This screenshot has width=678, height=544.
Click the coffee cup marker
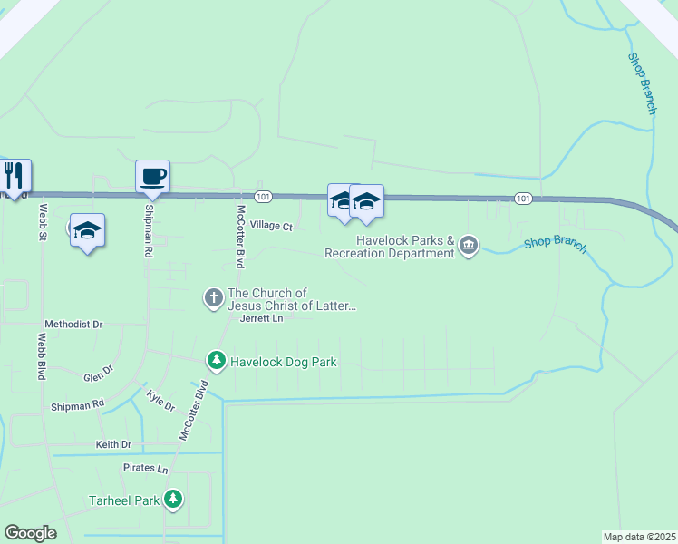[152, 176]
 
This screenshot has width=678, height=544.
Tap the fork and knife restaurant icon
[14, 175]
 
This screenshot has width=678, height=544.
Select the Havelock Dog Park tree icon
[216, 361]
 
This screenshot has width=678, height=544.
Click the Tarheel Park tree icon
[172, 499]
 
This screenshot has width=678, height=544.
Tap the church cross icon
[213, 297]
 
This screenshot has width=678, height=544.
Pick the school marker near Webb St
[87, 230]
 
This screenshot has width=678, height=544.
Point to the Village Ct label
[272, 226]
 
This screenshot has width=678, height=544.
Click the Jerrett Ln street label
[261, 318]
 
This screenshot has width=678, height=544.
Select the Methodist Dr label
[74, 324]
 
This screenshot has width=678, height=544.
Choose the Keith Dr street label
[113, 445]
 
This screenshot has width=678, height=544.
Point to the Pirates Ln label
[146, 470]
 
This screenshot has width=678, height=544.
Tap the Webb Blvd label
[41, 355]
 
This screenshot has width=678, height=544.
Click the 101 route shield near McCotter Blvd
[263, 196]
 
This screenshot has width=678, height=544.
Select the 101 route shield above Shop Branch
[523, 198]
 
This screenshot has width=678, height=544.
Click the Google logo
[30, 533]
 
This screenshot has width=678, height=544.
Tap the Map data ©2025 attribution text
[639, 536]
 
